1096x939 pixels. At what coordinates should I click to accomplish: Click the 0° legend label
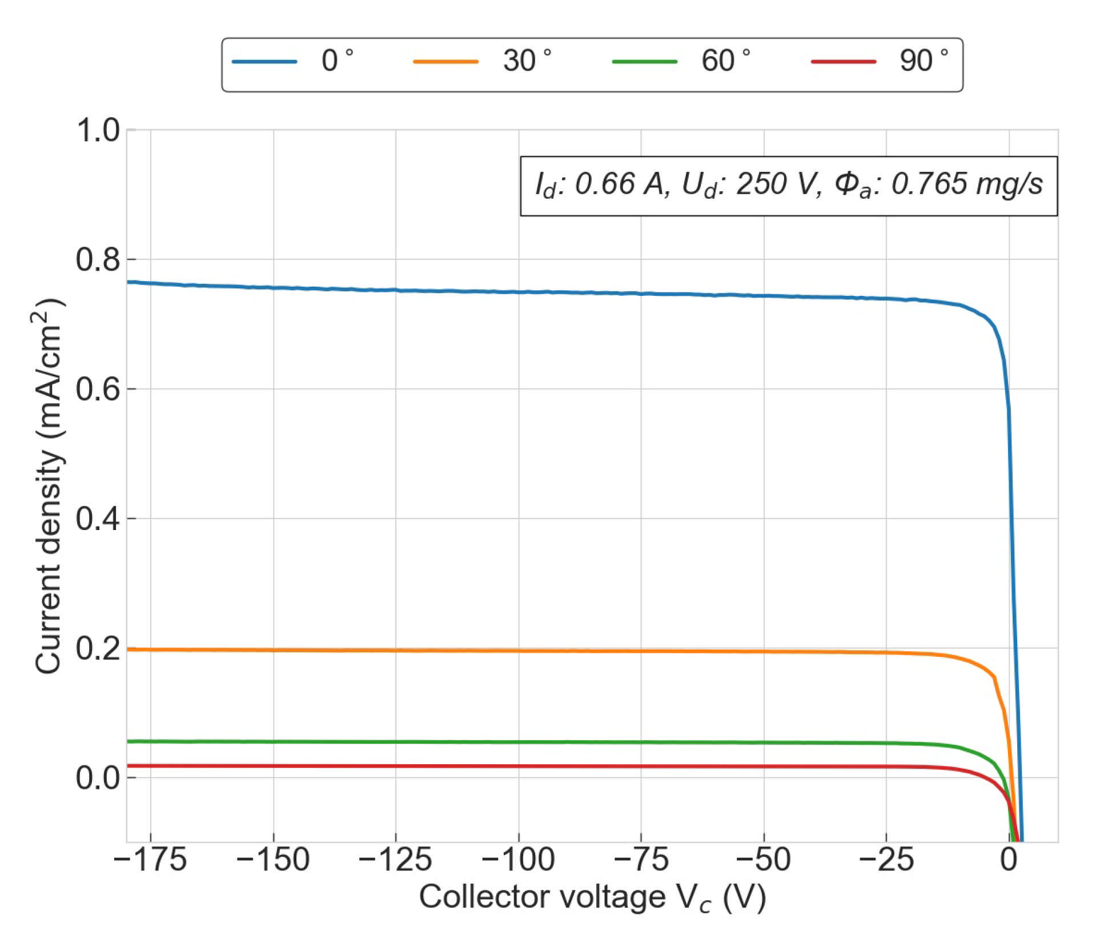click(x=337, y=61)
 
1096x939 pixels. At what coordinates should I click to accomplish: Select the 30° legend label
click(x=527, y=61)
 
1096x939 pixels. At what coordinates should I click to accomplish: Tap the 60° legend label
click(x=725, y=61)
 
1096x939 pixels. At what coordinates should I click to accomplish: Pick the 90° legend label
click(x=924, y=61)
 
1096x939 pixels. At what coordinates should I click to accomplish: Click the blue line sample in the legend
click(x=264, y=62)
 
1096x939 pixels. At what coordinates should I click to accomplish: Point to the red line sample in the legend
click(x=844, y=62)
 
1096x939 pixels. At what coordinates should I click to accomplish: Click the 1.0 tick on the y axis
click(x=98, y=130)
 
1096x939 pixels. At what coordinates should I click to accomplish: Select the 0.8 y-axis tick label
click(x=98, y=259)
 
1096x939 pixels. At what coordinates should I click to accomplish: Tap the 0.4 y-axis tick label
click(x=98, y=519)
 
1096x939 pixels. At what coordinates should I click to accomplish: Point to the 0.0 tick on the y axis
click(x=98, y=777)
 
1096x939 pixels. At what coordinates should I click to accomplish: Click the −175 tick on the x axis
click(x=150, y=860)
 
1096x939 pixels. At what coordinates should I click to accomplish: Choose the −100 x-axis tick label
click(x=518, y=860)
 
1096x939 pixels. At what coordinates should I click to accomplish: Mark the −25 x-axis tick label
click(x=886, y=860)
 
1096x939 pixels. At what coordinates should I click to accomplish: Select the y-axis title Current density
click(x=48, y=485)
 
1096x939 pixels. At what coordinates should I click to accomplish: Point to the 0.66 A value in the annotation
click(x=619, y=184)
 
